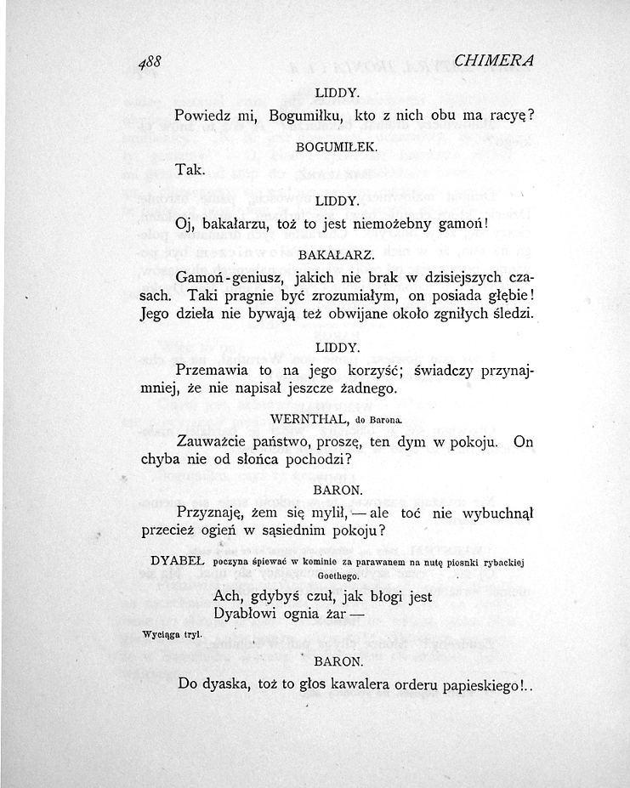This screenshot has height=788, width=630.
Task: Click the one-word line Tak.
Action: point(188,170)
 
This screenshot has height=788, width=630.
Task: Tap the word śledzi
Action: point(512,314)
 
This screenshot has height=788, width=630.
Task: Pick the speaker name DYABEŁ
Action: point(177,561)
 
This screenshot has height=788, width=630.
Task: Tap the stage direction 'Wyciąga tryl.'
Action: point(166,634)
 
